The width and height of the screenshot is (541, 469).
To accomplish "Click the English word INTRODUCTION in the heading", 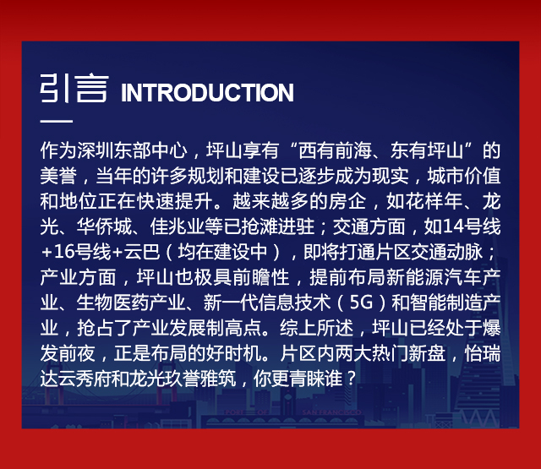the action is pyautogui.click(x=207, y=92).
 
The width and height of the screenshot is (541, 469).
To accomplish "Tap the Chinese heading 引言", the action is pyautogui.click(x=74, y=88).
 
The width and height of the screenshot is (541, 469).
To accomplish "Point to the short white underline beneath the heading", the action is pyautogui.click(x=57, y=121).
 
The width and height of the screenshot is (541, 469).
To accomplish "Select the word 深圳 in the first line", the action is pyautogui.click(x=96, y=150).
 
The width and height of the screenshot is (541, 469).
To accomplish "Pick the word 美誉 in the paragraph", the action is pyautogui.click(x=58, y=176).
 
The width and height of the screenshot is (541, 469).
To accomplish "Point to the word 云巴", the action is pyautogui.click(x=142, y=252).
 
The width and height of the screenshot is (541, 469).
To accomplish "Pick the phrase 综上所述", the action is pyautogui.click(x=316, y=328).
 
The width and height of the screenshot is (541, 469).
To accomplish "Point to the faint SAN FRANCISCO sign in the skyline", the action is pyautogui.click(x=331, y=412).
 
